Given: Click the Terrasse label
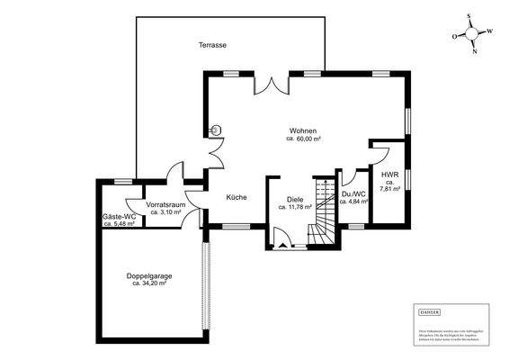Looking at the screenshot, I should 213,43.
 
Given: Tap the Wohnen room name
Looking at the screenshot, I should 302,131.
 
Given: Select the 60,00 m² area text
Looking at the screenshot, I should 304,139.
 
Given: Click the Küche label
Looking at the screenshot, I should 237,196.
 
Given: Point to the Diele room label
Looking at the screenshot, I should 295,199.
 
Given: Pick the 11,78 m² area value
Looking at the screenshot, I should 295,207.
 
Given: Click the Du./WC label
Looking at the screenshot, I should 353,193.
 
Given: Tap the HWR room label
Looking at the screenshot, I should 389,175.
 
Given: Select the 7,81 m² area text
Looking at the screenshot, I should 389,189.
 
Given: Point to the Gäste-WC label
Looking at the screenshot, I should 118,216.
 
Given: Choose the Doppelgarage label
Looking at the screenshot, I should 149,275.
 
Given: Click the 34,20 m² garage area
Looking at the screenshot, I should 149,283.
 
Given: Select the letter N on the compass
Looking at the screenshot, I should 475,51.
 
